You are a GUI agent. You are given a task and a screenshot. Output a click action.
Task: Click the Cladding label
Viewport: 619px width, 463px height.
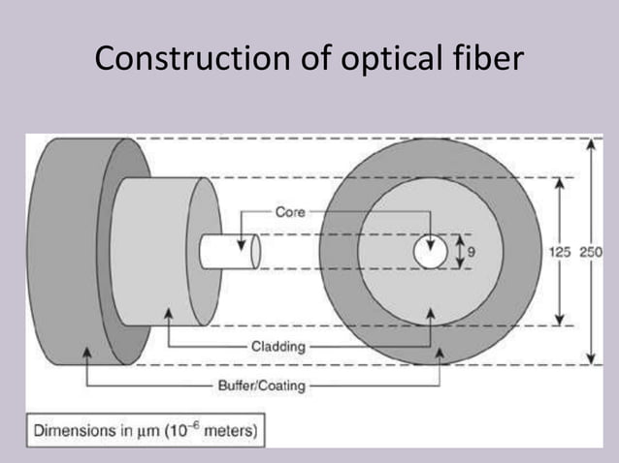(278, 345)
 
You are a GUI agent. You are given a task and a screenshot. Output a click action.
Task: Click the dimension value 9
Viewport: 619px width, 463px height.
(473, 252)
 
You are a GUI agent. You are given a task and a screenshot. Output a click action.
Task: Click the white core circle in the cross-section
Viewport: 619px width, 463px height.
(429, 252)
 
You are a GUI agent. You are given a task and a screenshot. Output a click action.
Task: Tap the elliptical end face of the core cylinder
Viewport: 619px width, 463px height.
(255, 251)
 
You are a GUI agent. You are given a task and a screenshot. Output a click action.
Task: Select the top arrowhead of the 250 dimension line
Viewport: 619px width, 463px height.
(589, 143)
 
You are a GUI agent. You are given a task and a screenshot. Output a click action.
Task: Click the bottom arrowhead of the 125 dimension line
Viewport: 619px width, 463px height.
(559, 322)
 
